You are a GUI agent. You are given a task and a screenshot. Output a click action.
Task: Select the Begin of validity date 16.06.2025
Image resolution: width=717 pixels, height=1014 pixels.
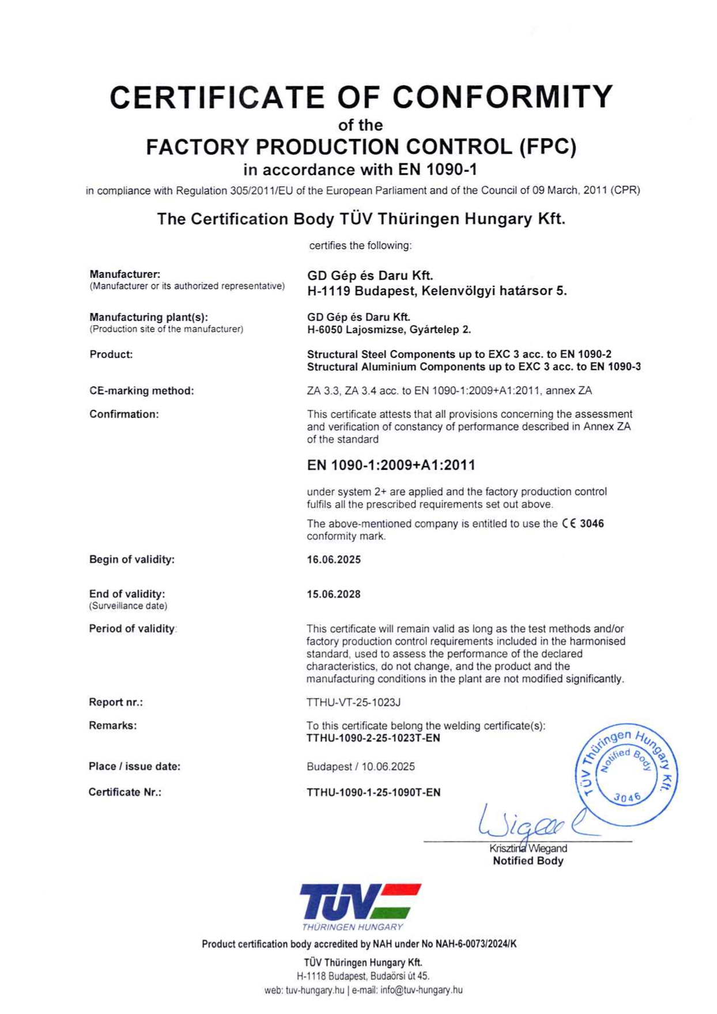(x=334, y=559)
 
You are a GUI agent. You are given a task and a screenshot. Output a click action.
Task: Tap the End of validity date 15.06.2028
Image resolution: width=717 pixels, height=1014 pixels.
(x=334, y=594)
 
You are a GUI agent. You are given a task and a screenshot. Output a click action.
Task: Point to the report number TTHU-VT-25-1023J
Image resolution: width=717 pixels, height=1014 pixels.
(x=353, y=702)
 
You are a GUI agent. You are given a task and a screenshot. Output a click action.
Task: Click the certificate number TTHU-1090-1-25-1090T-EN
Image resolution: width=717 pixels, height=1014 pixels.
(x=373, y=792)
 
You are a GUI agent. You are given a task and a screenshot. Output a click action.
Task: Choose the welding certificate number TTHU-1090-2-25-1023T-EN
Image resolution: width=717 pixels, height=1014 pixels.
(x=373, y=738)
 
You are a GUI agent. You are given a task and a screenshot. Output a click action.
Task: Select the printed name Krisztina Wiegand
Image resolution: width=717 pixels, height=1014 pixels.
(x=528, y=849)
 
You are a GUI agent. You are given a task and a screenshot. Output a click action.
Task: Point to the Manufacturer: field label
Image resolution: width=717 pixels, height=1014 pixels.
(x=125, y=274)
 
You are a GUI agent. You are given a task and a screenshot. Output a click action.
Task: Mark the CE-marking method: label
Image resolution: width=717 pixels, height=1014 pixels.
(x=142, y=391)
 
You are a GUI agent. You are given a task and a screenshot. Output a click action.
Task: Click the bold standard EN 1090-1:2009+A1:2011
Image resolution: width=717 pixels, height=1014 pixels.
(x=391, y=465)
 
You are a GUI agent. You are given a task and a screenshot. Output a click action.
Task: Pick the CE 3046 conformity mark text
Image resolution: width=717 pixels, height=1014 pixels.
(x=583, y=523)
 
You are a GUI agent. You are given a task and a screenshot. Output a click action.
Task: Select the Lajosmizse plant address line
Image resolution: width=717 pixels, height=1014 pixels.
(x=389, y=330)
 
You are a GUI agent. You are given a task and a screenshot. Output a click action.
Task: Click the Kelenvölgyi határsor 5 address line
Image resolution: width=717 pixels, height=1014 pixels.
(x=437, y=291)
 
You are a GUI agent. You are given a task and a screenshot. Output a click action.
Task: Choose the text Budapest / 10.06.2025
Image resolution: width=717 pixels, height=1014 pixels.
(x=361, y=767)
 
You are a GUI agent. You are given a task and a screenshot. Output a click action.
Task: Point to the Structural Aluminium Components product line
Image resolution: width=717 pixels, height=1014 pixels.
(x=474, y=367)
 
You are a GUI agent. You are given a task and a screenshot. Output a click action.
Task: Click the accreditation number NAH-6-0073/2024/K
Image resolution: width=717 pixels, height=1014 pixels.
(x=476, y=944)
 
